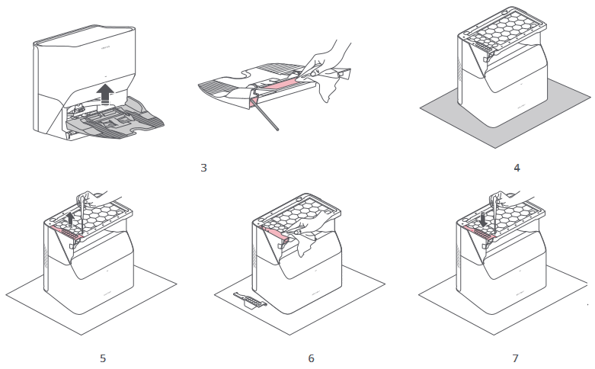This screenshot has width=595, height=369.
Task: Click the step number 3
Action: [x=203, y=167]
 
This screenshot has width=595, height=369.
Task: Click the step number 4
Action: [x=517, y=167]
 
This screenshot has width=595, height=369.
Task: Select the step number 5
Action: [x=103, y=358]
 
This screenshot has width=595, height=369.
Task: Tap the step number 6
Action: [x=311, y=358]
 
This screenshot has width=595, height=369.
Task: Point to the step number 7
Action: [x=517, y=358]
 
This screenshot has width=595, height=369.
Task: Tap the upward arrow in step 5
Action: [x=70, y=220]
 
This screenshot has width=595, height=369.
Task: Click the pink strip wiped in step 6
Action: [x=274, y=233]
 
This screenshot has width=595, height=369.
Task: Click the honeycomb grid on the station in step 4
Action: [x=503, y=34]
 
